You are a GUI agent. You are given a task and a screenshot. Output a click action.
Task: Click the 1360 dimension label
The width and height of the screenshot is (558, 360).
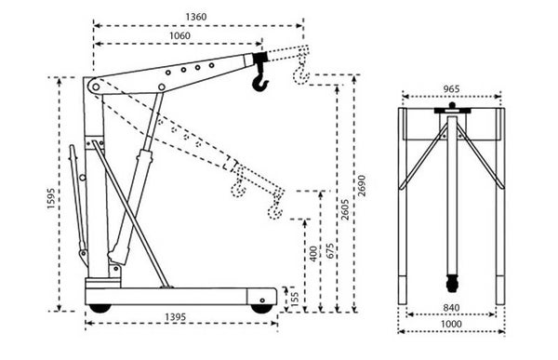pyautogui.click(x=195, y=17)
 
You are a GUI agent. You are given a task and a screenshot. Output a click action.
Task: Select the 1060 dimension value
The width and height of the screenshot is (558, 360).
pyautogui.click(x=179, y=35)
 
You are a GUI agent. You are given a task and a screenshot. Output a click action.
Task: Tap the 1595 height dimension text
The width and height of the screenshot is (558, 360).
pyautogui.click(x=51, y=198)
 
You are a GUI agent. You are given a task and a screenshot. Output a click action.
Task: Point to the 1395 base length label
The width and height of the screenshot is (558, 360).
pyautogui.click(x=176, y=317)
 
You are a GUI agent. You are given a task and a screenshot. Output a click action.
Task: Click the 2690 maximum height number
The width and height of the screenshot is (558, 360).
pyautogui.click(x=362, y=185)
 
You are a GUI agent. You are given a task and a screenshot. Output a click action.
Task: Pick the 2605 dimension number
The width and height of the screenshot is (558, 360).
pyautogui.click(x=345, y=209)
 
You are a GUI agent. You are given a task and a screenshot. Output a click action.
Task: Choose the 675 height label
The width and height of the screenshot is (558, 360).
pyautogui.click(x=330, y=251)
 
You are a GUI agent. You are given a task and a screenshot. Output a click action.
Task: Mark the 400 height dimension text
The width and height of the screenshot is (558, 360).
pyautogui.click(x=313, y=254)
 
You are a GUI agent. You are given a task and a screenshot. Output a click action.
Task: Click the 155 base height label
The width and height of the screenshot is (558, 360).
pyautogui.click(x=295, y=300)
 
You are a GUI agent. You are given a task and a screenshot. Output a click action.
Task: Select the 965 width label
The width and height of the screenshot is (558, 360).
pyautogui.click(x=451, y=89)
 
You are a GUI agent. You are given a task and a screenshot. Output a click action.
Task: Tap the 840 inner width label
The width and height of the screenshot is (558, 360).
pyautogui.click(x=451, y=307)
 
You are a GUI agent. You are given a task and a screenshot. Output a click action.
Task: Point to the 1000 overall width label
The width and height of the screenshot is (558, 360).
pyautogui.click(x=451, y=324)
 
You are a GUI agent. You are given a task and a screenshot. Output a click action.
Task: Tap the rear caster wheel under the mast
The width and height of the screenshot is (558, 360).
pyautogui.click(x=100, y=308)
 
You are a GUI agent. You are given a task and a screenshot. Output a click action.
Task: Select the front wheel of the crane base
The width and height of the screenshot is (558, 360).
pyautogui.click(x=262, y=309)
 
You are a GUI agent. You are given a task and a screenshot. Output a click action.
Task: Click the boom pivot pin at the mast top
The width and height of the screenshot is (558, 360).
pyautogui.click(x=96, y=87)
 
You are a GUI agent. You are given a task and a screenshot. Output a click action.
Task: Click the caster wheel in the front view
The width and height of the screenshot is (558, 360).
pyautogui.click(x=452, y=284)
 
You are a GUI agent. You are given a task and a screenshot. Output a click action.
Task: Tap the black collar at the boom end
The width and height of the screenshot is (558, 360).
pyautogui.click(x=260, y=57)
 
